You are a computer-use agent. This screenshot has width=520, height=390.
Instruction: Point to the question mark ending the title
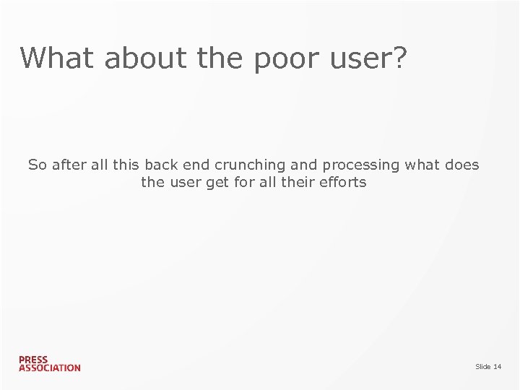tap(399, 58)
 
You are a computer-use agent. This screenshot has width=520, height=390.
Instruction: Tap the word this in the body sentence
tap(127, 165)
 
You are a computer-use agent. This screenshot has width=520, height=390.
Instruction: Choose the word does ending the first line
tap(460, 165)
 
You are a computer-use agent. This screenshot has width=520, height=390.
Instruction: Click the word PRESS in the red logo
tap(32, 360)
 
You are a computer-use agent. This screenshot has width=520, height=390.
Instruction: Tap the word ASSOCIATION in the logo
tap(50, 368)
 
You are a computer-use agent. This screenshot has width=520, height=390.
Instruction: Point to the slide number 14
tap(498, 367)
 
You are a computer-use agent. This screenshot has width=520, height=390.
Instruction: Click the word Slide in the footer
tap(482, 367)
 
